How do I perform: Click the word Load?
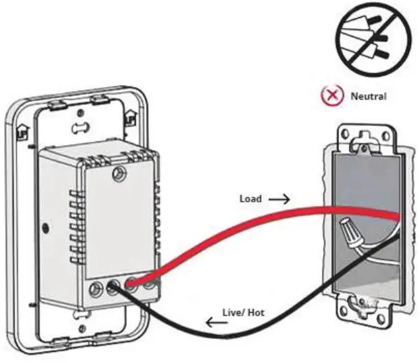pos(250,199)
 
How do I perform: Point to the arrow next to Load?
pos(277,199)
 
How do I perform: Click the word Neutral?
pos(369,96)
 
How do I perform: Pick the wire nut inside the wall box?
pos(354,233)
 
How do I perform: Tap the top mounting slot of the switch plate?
pos(80,128)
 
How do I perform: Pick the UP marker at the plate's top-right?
pos(130,119)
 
